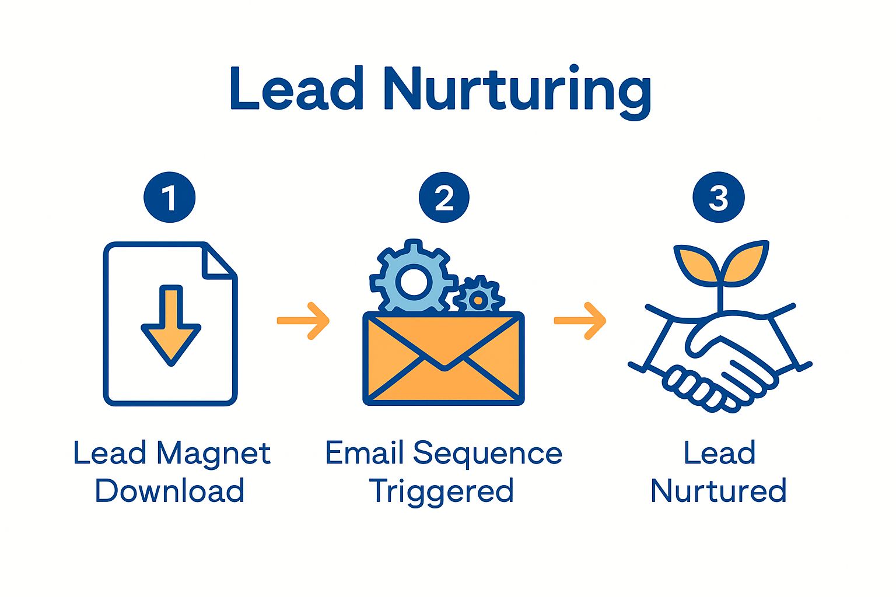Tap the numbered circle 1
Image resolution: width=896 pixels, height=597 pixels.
point(170,198)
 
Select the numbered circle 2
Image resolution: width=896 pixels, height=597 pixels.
point(444,198)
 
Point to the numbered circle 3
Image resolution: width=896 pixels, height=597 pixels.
point(718,198)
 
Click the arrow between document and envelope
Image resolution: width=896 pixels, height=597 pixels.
point(303,321)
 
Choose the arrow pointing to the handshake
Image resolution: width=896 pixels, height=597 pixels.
point(580,321)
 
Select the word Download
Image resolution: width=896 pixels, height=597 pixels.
point(170,491)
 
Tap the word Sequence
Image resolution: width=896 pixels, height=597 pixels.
point(487,454)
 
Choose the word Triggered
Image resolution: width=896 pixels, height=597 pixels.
point(442,491)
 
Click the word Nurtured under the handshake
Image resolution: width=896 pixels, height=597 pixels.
point(718,491)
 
